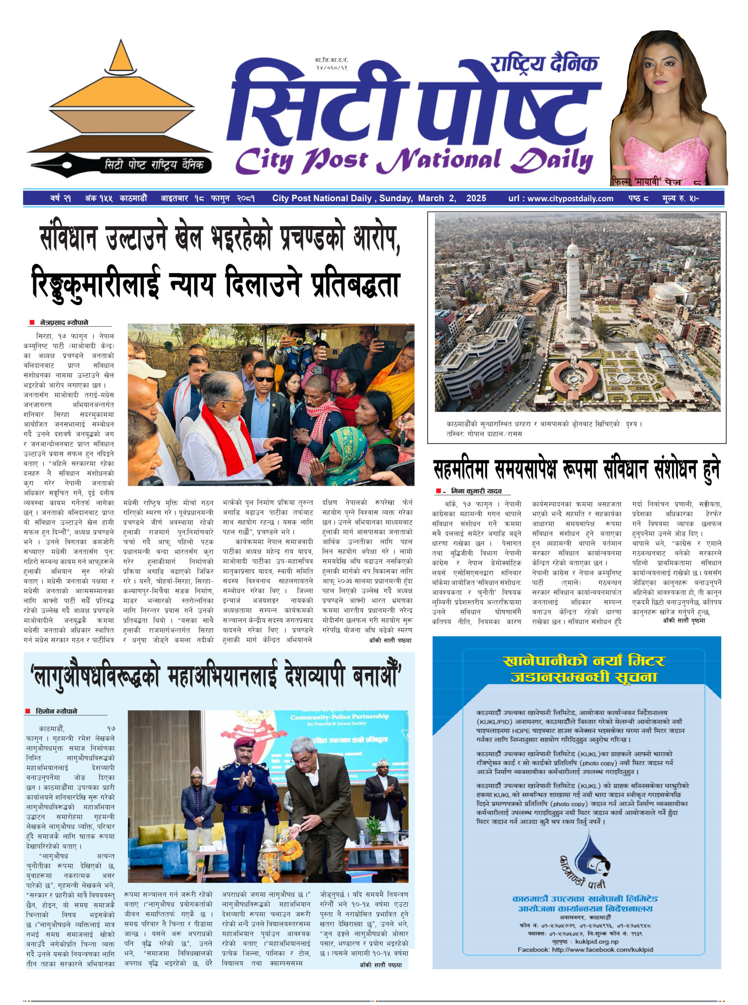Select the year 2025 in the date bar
[476, 198]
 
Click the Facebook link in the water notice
[585, 949]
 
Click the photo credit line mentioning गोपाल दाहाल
[484, 433]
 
